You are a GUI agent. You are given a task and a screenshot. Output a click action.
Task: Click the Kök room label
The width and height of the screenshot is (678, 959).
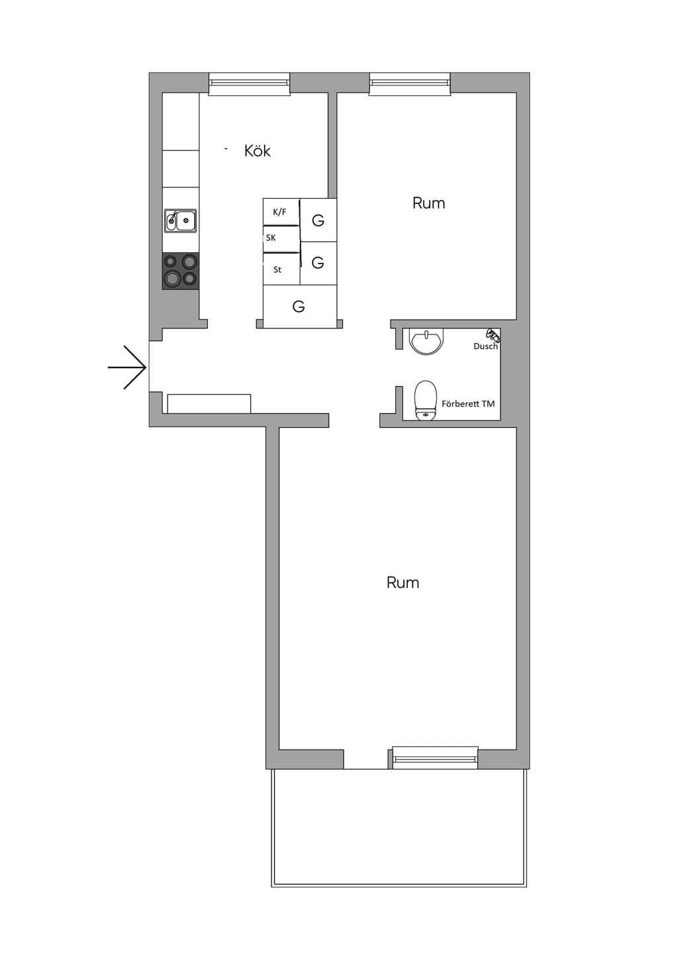pos(258,151)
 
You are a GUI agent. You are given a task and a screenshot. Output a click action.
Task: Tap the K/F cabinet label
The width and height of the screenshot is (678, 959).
pos(279,211)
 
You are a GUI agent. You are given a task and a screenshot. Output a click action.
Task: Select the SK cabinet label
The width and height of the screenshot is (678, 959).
pos(271,238)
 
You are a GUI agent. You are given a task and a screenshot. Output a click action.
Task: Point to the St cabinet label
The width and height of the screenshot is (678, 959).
pos(277,270)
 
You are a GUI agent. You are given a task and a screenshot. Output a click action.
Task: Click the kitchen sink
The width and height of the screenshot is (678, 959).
pos(181,221)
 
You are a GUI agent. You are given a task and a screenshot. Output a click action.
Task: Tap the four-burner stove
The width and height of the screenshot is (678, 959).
pos(181,271)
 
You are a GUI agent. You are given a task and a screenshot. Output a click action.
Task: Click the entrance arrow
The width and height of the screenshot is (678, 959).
pos(127,368)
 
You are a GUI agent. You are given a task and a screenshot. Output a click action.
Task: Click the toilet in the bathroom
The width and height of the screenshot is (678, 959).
pos(426,400)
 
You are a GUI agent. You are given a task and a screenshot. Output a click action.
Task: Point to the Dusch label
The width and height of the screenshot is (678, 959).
pos(485,346)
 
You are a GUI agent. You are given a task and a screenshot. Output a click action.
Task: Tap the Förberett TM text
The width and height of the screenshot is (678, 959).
pos(468,404)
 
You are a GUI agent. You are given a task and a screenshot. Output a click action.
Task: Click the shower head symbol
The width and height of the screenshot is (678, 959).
pos(493,334)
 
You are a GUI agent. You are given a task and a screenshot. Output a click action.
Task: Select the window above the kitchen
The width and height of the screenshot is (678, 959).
pos(249,84)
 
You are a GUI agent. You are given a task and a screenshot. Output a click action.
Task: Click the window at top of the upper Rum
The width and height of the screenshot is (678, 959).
pos(410,84)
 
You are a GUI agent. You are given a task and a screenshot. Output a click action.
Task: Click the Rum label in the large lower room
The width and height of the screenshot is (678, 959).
pos(403,583)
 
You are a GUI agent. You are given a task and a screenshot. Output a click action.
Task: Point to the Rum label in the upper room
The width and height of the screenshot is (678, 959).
pos(428,203)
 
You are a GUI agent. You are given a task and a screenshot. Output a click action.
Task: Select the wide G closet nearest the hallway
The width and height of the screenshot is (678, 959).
pos(300,307)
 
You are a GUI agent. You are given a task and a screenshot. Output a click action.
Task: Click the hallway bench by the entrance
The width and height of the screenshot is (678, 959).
pos(209,404)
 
